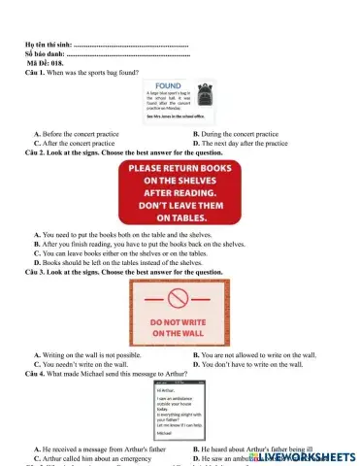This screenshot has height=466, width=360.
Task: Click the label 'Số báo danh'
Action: coord(45,55)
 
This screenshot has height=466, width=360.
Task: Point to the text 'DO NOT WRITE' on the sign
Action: coord(180,320)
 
